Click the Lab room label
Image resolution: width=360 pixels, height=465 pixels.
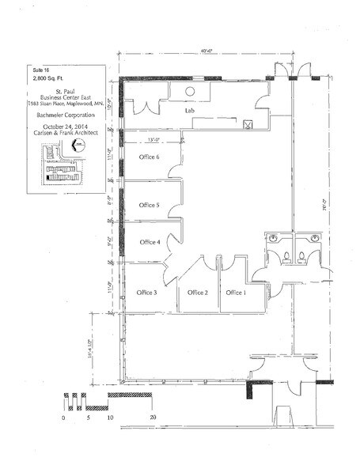click(189, 112)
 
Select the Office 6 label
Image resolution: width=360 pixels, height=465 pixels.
click(149, 157)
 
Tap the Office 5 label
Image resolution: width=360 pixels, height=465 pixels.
click(149, 205)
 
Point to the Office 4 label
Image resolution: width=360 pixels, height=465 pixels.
click(149, 242)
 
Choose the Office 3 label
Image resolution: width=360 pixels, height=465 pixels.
click(146, 293)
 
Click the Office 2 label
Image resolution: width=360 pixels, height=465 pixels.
click(197, 293)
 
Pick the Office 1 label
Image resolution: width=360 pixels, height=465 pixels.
click(236, 293)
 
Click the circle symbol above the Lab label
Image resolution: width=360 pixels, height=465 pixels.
click(191, 91)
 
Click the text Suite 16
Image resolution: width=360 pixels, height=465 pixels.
click(36, 71)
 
